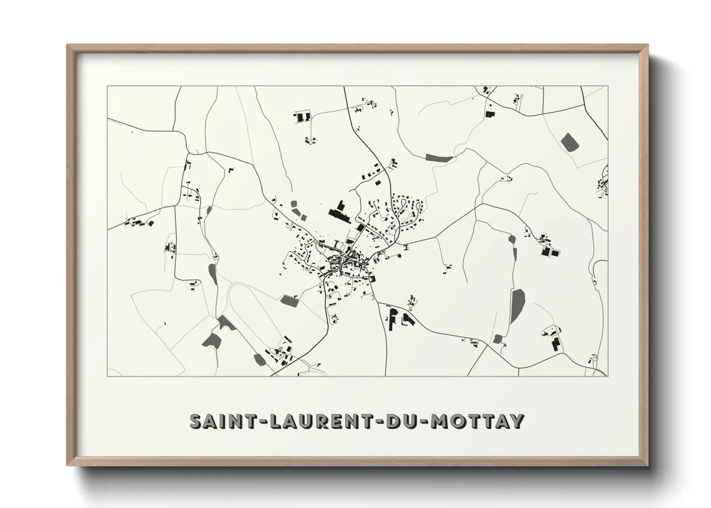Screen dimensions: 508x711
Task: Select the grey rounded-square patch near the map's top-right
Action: (x=570, y=142)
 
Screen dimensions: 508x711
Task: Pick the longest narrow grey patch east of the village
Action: (x=517, y=306)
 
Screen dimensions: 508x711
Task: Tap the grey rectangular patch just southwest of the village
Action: (x=289, y=301)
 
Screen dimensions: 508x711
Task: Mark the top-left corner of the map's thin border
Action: (x=108, y=87)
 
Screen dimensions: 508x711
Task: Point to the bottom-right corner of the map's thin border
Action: (x=607, y=375)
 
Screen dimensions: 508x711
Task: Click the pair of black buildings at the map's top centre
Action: (x=303, y=117)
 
